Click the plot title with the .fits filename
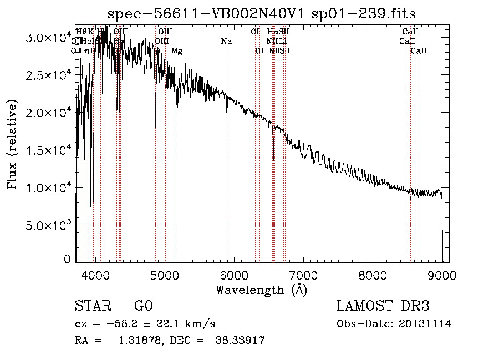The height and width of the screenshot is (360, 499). tap(261, 13)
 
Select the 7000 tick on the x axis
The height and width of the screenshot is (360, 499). tap(303, 275)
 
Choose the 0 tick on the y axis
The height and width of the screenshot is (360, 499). tap(67, 258)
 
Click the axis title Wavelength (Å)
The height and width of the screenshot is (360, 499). tap(261, 290)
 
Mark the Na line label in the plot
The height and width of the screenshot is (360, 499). tap(226, 41)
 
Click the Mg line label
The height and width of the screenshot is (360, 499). tap(176, 51)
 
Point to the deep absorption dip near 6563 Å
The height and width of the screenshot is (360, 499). tap(273, 153)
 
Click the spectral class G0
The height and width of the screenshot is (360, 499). tap(143, 306)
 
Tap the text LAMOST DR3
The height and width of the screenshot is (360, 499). tap(383, 306)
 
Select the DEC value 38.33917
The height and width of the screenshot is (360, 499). tap(240, 341)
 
